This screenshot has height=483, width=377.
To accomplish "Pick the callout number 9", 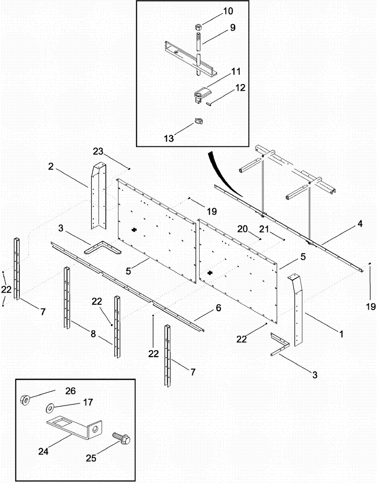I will click(x=232, y=28).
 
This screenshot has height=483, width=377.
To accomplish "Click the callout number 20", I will click(x=242, y=229).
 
